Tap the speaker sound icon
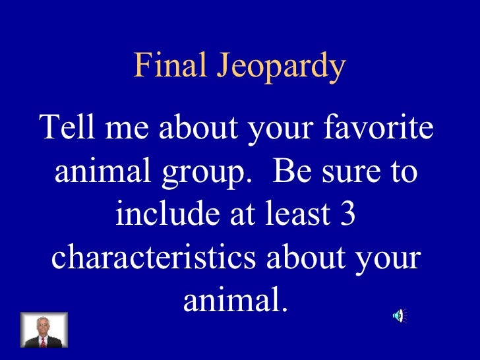[x=400, y=316]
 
